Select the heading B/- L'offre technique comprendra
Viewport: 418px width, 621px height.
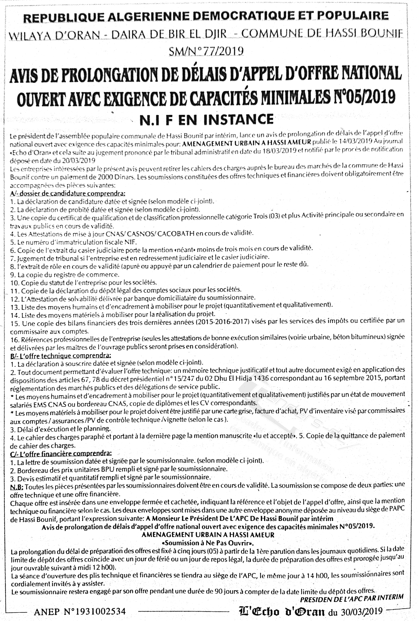61,355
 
